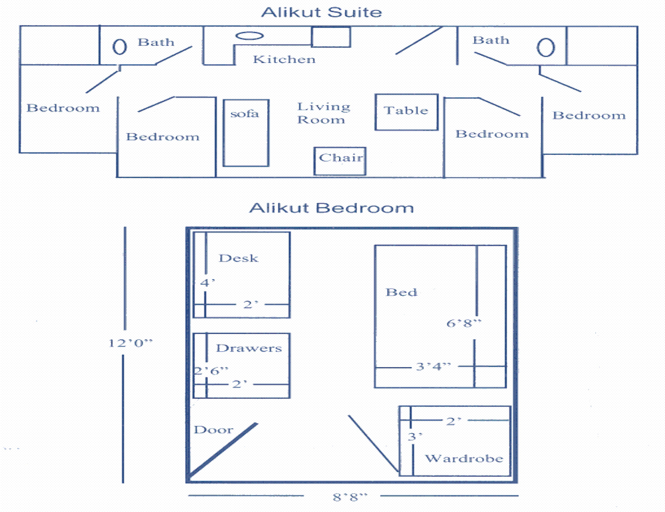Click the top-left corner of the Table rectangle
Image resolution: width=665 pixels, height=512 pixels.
click(376, 95)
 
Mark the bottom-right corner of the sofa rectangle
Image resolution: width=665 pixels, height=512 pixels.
click(269, 166)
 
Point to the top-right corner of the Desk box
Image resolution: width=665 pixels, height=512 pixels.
click(290, 232)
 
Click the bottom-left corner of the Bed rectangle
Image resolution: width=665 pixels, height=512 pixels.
click(375, 387)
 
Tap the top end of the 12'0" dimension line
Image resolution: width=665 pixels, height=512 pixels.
click(125, 227)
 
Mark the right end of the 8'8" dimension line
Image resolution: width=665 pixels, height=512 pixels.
click(518, 495)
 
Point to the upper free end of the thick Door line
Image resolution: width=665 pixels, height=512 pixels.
click(257, 424)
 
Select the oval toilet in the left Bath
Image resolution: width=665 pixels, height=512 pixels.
click(120, 47)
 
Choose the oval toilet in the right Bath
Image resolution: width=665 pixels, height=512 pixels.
click(546, 48)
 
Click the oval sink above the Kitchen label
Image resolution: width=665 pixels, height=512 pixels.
click(249, 36)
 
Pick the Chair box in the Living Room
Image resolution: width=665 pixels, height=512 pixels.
click(340, 161)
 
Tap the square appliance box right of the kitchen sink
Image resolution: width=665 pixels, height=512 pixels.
click(331, 37)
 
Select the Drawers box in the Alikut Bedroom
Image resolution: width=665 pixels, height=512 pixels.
click(242, 366)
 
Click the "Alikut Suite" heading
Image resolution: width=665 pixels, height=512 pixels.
click(322, 12)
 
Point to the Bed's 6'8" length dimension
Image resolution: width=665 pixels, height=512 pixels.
click(464, 323)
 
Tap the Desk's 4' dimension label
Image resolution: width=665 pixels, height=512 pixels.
click(208, 283)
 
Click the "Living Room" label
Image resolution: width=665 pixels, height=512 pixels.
click(324, 113)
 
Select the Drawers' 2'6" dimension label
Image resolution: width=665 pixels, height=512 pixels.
click(211, 371)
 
